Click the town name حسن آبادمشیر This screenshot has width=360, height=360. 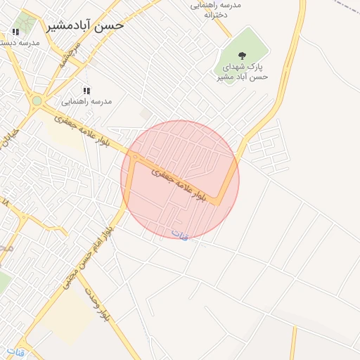pos(85,25)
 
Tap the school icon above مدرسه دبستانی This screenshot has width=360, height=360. pos(15,32)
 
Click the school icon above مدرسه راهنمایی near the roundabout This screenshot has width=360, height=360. pos(86,91)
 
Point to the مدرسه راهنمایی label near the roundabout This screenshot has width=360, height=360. pos(86,101)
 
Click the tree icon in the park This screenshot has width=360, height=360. pos(243,56)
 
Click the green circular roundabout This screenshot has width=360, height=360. pos(37,101)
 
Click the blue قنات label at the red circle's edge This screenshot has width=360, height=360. pos(181,235)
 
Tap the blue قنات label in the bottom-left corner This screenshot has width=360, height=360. pos(15,350)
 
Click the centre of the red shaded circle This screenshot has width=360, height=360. pos(180,180)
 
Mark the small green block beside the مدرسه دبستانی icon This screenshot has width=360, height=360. pos(27,21)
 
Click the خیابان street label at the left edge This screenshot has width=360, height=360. pos(8,141)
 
